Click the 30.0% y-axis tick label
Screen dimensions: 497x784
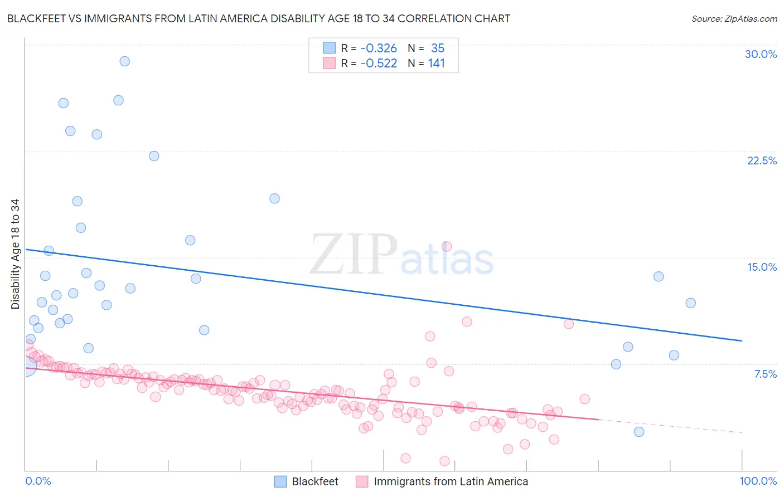point(761,54)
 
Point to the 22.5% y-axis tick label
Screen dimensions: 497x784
point(762,160)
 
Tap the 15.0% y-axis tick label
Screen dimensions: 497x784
point(762,267)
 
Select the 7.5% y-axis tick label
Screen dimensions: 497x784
point(765,374)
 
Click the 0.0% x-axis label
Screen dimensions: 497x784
point(38,481)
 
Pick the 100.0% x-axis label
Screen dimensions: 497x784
point(758,481)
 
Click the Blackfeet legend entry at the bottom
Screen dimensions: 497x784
point(314,481)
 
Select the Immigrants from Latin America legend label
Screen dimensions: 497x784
point(451,481)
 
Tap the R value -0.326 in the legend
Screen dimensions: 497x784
point(379,48)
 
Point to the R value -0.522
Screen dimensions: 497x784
point(379,64)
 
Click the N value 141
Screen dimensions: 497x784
point(437,64)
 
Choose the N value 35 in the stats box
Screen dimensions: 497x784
point(438,48)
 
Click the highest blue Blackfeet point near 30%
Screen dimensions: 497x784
point(125,61)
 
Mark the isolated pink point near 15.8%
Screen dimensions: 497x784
point(447,246)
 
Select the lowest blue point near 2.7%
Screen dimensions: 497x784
point(639,432)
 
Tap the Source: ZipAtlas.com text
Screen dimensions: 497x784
point(734,19)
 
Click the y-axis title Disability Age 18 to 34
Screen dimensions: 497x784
point(15,254)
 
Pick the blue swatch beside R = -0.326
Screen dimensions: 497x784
point(330,48)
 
